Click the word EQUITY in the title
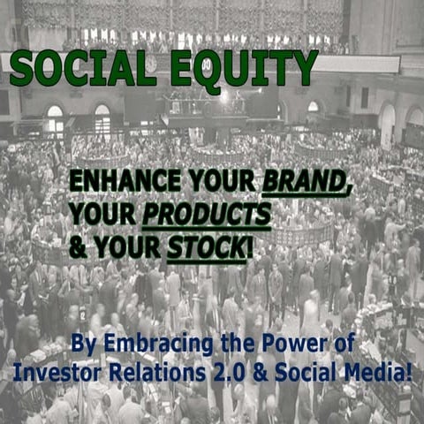(246, 67)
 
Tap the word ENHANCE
(122, 182)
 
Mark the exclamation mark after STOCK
(250, 247)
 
